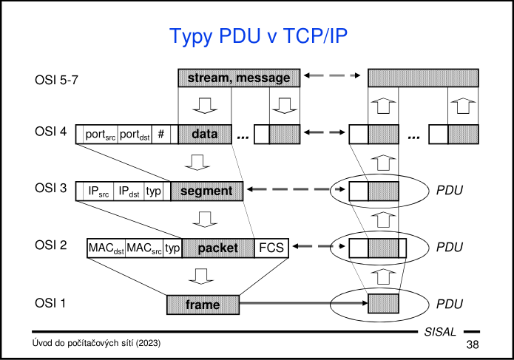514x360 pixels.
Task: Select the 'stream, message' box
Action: coord(239,78)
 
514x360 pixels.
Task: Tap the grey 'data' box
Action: coord(204,135)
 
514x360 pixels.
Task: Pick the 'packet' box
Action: coord(218,248)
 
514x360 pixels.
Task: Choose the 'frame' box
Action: coord(203,304)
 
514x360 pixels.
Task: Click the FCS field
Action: coord(272,248)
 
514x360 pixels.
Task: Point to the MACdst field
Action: coord(106,248)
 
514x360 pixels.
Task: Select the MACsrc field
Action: coord(144,248)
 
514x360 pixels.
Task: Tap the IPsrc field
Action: coord(99,191)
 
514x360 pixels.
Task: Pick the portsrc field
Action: coord(100,135)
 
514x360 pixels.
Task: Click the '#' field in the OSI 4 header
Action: coord(161,135)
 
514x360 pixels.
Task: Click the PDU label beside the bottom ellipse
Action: coord(450,304)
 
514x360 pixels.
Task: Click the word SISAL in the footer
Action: coord(441,332)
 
